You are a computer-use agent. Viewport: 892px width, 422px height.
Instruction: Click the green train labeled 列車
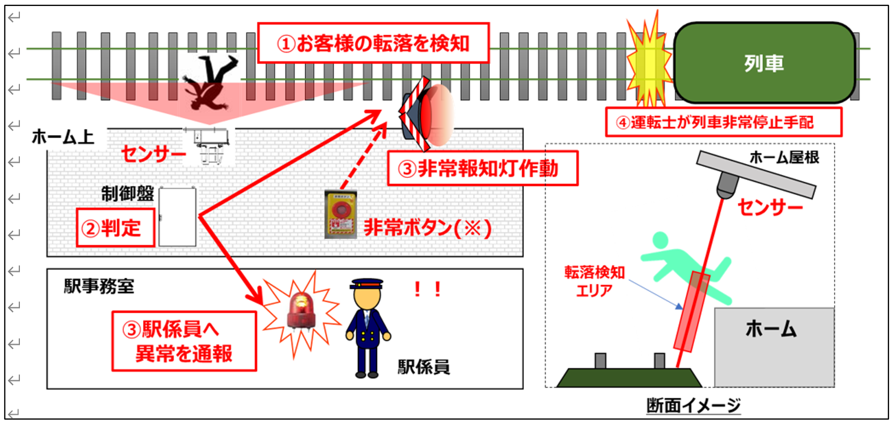(765, 63)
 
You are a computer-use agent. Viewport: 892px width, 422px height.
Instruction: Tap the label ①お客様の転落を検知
(372, 43)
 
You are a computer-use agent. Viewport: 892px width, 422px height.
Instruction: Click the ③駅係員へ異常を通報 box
(183, 341)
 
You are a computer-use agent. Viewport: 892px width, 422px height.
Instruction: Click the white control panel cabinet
(177, 216)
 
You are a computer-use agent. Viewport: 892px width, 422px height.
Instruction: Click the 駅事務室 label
(99, 286)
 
